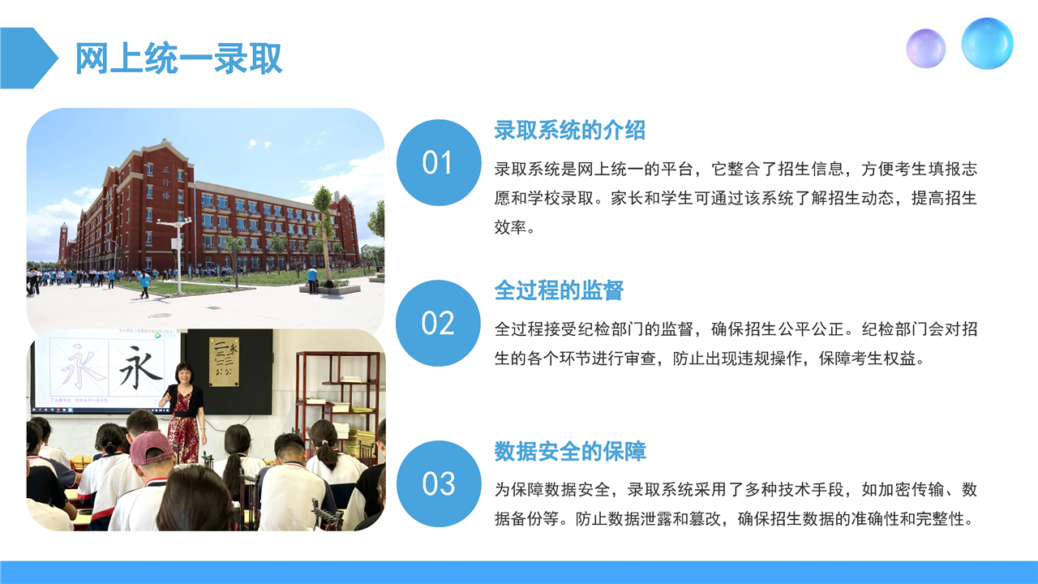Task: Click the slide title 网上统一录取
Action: pyautogui.click(x=178, y=58)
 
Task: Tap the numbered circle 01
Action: pyautogui.click(x=439, y=163)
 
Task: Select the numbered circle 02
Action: pyautogui.click(x=439, y=323)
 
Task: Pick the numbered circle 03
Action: pyautogui.click(x=439, y=483)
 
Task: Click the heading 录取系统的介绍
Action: pyautogui.click(x=569, y=131)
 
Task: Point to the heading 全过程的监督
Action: pyautogui.click(x=559, y=290)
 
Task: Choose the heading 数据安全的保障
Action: pyautogui.click(x=569, y=451)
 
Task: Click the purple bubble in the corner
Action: pyautogui.click(x=926, y=49)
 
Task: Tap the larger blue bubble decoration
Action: pyautogui.click(x=987, y=44)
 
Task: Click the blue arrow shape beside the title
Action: pyautogui.click(x=28, y=58)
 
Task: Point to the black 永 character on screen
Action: pyautogui.click(x=141, y=367)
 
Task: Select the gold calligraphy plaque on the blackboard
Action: pyautogui.click(x=225, y=362)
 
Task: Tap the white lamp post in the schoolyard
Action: pyautogui.click(x=177, y=255)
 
